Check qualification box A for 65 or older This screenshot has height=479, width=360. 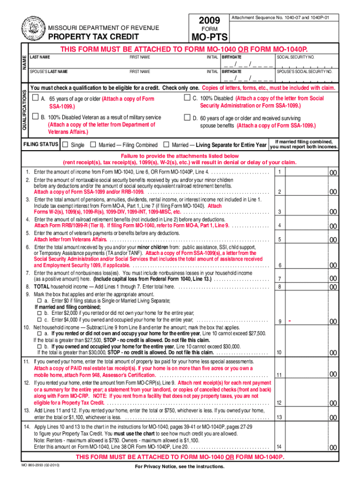click(x=36, y=99)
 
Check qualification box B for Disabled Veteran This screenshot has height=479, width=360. click(x=36, y=117)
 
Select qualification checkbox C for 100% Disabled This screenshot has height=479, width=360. click(x=188, y=98)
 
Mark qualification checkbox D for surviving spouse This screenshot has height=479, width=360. click(x=188, y=117)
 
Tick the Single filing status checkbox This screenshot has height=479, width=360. click(x=65, y=145)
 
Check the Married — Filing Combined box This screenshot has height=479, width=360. click(x=93, y=145)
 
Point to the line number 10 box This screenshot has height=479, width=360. click(x=279, y=352)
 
